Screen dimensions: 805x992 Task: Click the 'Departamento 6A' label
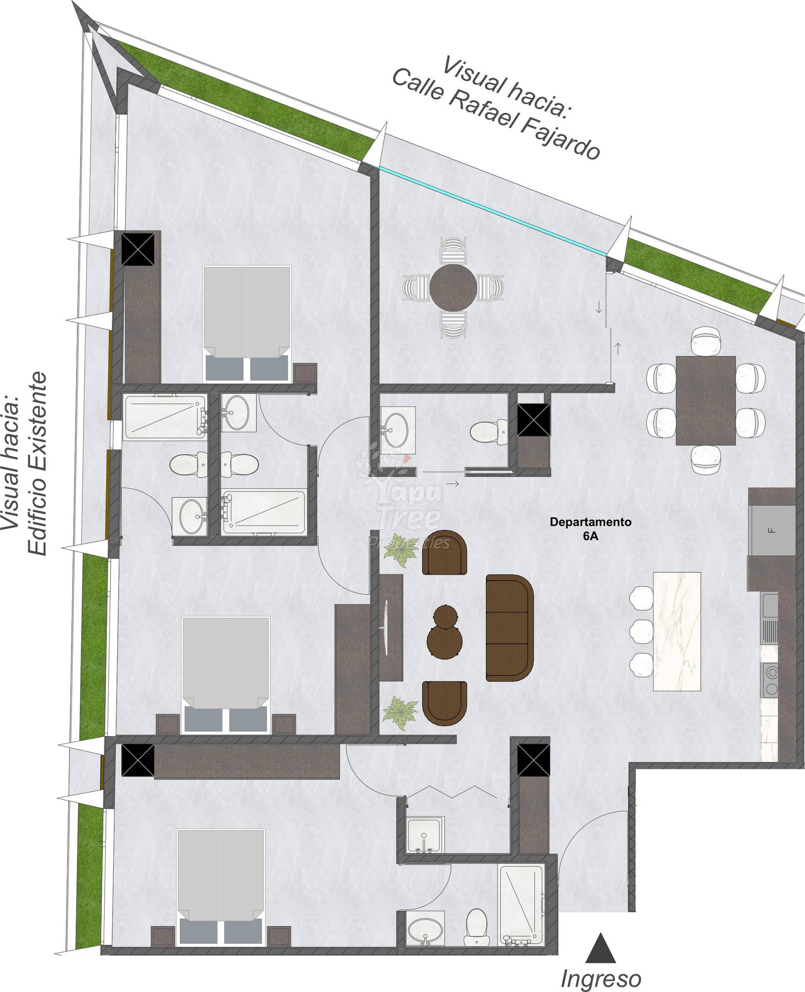[590, 529]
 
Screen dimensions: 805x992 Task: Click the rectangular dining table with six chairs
[706, 401]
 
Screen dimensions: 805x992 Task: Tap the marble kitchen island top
[676, 631]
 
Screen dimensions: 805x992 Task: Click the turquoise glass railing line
[492, 210]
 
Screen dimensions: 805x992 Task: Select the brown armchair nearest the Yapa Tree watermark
[444, 553]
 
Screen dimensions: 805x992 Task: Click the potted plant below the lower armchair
[400, 712]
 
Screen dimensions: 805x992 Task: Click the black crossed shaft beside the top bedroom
[138, 249]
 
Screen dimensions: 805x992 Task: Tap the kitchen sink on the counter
[771, 606]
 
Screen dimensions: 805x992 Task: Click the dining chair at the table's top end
[706, 339]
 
